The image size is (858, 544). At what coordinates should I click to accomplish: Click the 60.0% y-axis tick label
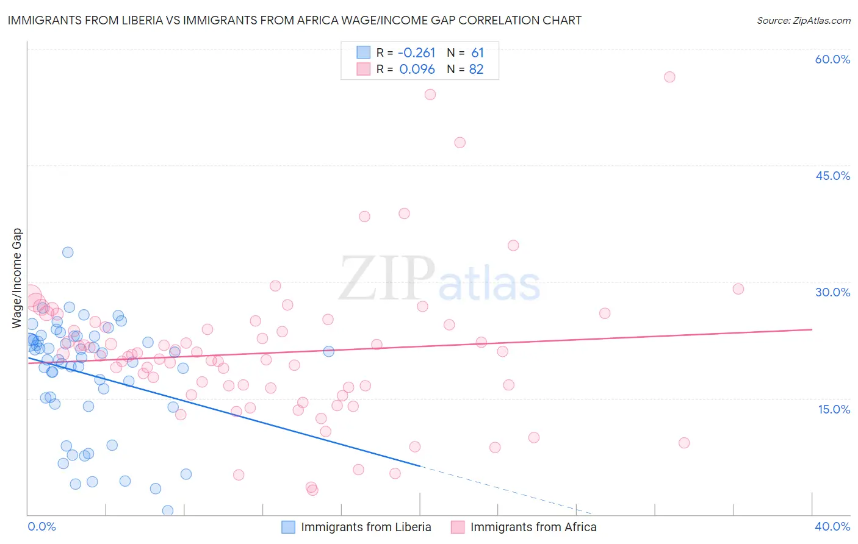click(832, 59)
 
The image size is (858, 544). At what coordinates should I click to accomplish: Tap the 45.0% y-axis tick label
click(832, 176)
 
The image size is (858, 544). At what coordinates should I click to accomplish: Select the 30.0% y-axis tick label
click(832, 292)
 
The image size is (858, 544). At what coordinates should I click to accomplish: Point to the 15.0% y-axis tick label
click(834, 409)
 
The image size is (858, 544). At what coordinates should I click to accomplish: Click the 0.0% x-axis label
click(41, 526)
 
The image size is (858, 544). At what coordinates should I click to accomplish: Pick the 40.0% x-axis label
click(832, 526)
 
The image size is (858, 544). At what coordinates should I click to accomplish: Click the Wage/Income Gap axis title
click(17, 278)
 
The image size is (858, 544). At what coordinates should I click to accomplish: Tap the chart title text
click(294, 20)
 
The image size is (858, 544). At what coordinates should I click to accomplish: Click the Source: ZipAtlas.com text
click(803, 20)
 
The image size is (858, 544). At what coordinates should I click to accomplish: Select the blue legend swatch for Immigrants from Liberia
click(288, 527)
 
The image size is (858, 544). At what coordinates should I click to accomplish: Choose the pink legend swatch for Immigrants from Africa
click(458, 527)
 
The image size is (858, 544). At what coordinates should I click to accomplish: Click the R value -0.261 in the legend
click(417, 53)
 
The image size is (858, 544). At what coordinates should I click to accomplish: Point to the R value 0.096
click(417, 70)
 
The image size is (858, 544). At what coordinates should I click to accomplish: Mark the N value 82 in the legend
click(476, 70)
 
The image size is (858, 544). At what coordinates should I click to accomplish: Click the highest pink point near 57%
click(669, 77)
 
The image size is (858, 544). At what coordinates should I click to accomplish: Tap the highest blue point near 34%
click(68, 252)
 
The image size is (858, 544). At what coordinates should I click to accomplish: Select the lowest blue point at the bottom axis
click(168, 510)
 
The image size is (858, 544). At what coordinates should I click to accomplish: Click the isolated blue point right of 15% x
click(328, 351)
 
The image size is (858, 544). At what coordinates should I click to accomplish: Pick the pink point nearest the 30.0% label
click(738, 289)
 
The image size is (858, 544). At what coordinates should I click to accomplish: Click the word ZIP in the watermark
click(387, 278)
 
